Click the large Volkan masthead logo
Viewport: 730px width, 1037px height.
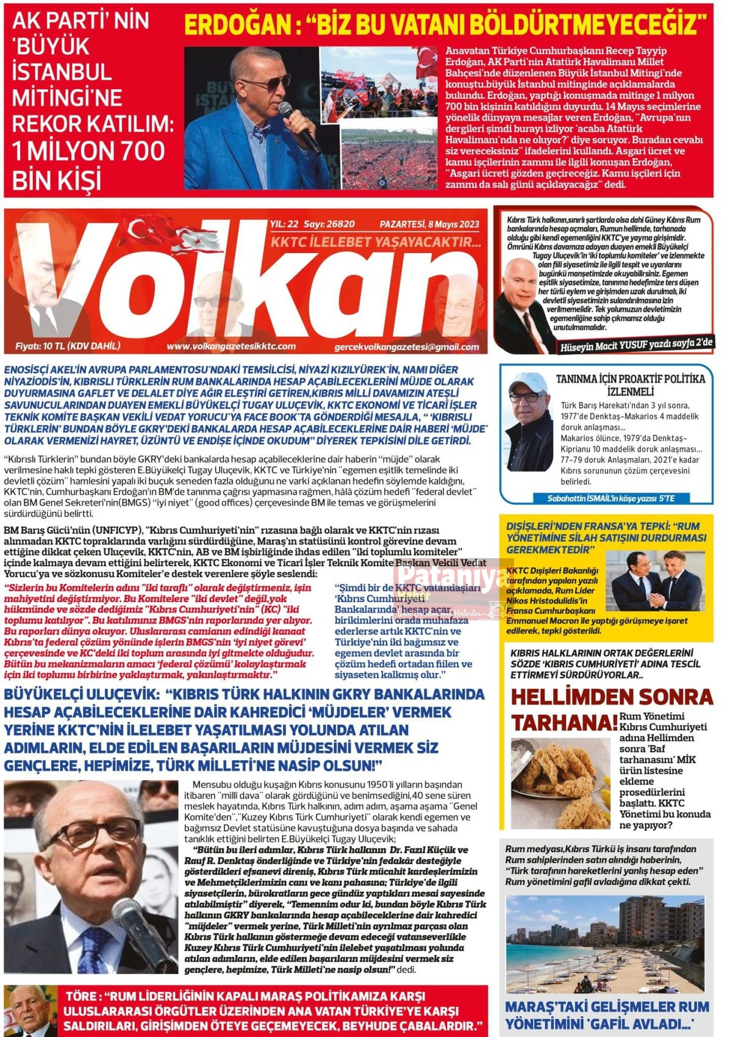tap(244, 287)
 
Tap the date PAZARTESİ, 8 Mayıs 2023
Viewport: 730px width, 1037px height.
tap(429, 224)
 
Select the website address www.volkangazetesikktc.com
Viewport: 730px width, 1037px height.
tap(231, 346)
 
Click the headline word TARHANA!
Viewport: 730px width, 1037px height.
tap(564, 723)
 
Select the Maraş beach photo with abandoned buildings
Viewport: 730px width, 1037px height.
tap(604, 945)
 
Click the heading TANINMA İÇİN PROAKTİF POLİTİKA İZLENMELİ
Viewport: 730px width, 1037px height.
tap(631, 384)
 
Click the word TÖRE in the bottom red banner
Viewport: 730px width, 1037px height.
tap(82, 996)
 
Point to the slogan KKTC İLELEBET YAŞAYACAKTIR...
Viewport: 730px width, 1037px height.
tap(375, 243)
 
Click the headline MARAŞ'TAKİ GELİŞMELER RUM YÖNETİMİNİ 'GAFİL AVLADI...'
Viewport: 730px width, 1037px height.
tap(606, 1014)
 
